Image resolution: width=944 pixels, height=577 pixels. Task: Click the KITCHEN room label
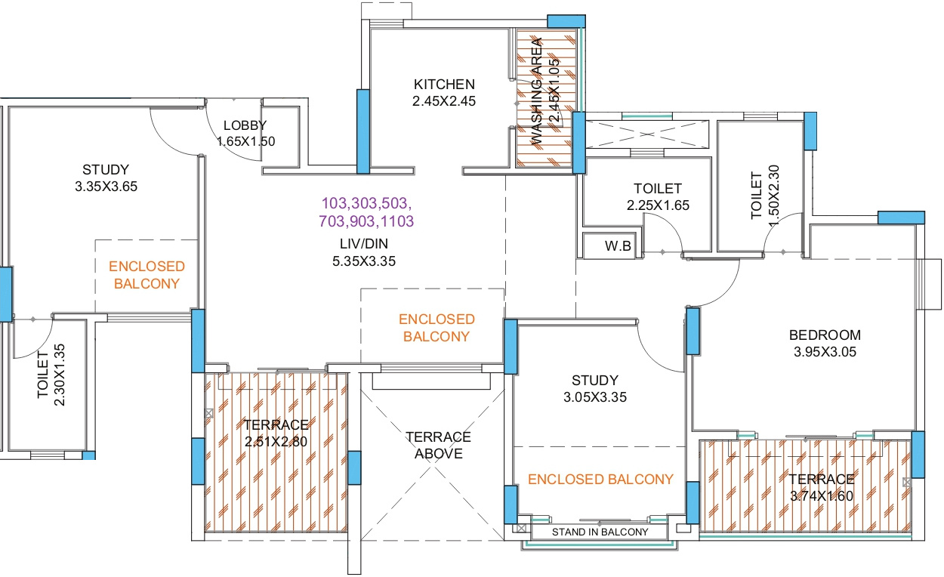tap(444, 84)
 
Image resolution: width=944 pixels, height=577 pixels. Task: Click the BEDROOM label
tap(825, 335)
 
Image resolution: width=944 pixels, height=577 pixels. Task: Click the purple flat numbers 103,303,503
tap(367, 204)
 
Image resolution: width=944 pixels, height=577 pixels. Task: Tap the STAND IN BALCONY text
tap(600, 532)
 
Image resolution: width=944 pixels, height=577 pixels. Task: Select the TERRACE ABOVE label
tap(438, 446)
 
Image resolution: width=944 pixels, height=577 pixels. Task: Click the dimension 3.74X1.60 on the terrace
tap(822, 495)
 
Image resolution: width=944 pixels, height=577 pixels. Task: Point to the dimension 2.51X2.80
tap(276, 442)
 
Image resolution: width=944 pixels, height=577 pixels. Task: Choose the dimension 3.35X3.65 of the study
tap(106, 186)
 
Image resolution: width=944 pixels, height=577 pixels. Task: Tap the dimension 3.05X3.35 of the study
tap(594, 396)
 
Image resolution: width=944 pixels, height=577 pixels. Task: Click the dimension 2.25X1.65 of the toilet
tap(657, 205)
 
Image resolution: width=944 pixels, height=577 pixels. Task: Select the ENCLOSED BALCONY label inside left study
tap(147, 275)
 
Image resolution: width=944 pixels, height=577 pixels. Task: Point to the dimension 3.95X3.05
tap(825, 351)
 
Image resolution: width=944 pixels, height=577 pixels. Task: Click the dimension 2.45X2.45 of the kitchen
tap(444, 100)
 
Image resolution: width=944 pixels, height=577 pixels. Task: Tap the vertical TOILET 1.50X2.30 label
tap(764, 195)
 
